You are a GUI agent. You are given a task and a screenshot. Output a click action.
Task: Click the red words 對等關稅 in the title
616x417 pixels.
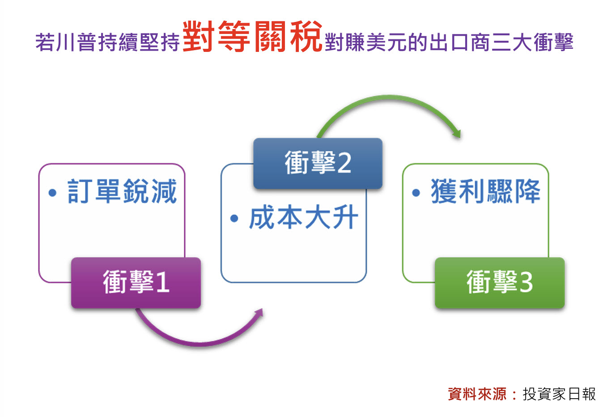point(252,36)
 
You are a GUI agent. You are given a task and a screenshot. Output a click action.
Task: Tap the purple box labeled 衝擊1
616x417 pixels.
point(136,283)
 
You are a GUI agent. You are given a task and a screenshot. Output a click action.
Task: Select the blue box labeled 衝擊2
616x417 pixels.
point(318,163)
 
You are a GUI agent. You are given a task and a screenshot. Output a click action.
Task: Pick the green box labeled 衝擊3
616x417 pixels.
point(500,283)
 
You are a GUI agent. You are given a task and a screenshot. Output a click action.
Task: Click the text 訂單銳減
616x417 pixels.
point(122,191)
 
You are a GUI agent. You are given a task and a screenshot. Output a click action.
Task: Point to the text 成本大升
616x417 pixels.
point(304,217)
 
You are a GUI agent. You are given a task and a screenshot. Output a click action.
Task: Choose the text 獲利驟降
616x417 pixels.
point(486,191)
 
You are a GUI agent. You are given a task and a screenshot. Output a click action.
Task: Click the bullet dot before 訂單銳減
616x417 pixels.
point(52,192)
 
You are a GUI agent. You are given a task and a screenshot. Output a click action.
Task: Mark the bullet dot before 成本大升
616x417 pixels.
point(234,218)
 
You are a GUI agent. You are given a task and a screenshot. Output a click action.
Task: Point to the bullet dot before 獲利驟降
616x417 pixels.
point(416,192)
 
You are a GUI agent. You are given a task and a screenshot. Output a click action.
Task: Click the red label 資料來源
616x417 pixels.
point(477,394)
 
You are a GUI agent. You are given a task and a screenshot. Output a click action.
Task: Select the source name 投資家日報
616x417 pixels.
point(559,394)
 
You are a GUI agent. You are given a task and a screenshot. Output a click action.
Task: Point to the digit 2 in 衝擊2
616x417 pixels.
point(344,163)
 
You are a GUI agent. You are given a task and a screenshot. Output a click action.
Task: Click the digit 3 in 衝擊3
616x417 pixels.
point(526,283)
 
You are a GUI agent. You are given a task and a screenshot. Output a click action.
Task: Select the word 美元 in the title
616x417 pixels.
point(387,42)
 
